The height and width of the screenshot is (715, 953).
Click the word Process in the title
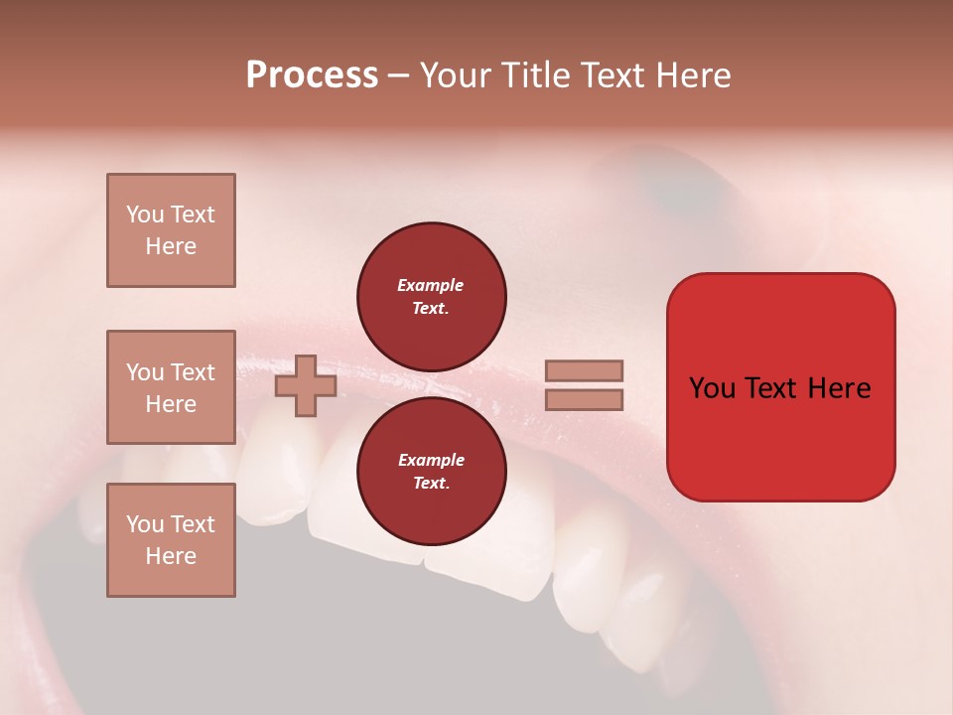(x=312, y=75)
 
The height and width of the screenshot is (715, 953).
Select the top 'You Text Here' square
(x=171, y=230)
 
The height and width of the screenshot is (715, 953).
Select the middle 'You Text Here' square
(x=171, y=387)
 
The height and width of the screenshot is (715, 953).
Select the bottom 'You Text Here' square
(x=171, y=540)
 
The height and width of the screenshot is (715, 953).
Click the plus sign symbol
(x=306, y=385)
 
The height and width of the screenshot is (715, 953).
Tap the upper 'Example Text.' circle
(x=431, y=296)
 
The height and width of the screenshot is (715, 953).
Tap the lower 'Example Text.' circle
(x=431, y=471)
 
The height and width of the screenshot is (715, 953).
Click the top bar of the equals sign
(x=584, y=371)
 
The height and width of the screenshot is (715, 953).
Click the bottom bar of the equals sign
(x=584, y=400)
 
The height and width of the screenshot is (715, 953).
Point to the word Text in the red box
(x=778, y=388)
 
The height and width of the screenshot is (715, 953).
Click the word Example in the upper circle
(x=431, y=285)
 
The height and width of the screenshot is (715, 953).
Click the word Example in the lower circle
(x=431, y=460)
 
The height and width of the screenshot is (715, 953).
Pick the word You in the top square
(x=144, y=214)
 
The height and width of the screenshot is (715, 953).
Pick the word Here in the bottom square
(x=171, y=556)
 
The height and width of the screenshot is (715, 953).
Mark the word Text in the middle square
(x=192, y=372)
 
